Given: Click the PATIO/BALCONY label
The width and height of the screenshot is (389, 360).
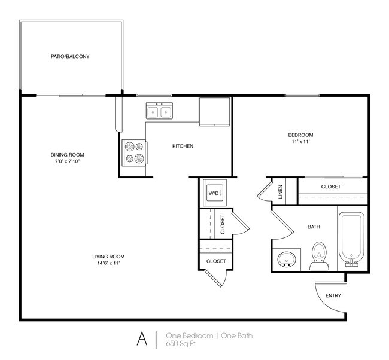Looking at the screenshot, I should [70, 57].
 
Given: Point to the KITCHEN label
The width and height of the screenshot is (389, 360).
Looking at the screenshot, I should [183, 146].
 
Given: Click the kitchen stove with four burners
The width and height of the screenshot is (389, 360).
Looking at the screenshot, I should [134, 152].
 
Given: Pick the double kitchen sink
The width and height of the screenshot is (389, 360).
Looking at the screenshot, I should [159, 111].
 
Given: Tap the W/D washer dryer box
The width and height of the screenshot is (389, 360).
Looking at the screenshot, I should [214, 193].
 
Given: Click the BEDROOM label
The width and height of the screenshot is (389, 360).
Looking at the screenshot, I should [300, 135].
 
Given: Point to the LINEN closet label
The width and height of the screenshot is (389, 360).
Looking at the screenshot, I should [280, 191].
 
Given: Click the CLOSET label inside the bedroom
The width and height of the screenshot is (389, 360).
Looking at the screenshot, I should [330, 187].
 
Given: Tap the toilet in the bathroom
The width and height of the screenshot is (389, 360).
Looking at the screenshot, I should [318, 255].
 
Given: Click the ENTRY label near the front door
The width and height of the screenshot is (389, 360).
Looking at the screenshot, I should [333, 296].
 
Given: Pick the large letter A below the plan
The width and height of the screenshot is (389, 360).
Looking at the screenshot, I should [142, 339].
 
